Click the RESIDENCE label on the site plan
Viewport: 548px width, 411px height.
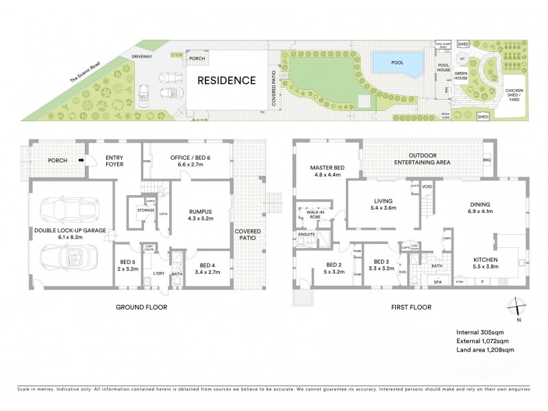227,80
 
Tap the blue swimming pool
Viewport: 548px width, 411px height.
397,63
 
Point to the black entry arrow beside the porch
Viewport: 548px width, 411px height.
81,162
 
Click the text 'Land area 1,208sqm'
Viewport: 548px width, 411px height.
485,350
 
